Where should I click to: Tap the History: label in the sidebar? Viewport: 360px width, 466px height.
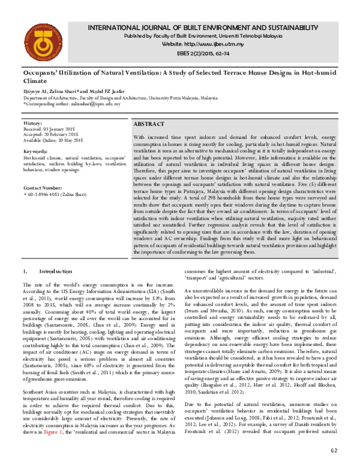point(32,123)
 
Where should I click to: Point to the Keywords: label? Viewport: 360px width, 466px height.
point(35,151)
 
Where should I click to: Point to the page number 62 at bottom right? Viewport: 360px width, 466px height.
point(334,451)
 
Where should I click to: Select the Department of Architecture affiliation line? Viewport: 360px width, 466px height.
point(120,97)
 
